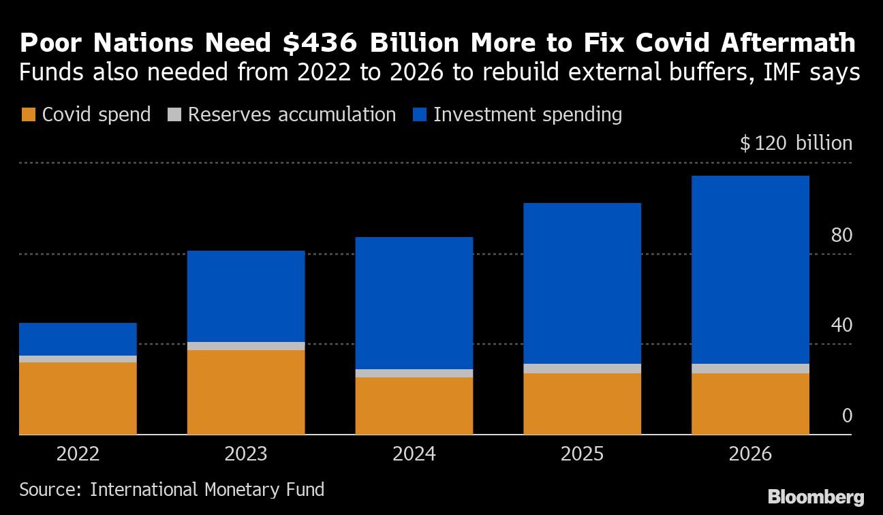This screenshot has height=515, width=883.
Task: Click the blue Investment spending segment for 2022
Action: [78, 339]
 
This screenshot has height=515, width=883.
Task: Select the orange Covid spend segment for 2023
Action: [246, 392]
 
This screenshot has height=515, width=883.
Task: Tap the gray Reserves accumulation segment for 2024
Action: [414, 373]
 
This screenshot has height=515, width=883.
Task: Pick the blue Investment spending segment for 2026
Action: [750, 269]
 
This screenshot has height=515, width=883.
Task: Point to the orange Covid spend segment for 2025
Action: [582, 403]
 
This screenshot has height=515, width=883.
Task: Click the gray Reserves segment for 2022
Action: [78, 359]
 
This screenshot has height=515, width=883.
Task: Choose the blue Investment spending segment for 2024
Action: [414, 302]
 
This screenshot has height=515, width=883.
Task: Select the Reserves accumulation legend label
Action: [292, 114]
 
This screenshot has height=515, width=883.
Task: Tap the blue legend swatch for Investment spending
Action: [420, 115]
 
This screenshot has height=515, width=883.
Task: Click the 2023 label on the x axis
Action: [246, 454]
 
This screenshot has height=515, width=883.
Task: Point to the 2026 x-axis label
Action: [750, 454]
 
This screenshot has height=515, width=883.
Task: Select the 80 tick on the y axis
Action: [841, 236]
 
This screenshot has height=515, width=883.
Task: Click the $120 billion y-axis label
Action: [796, 144]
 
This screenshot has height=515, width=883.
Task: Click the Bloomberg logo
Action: [815, 497]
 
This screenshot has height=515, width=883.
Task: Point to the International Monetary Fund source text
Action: [207, 489]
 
